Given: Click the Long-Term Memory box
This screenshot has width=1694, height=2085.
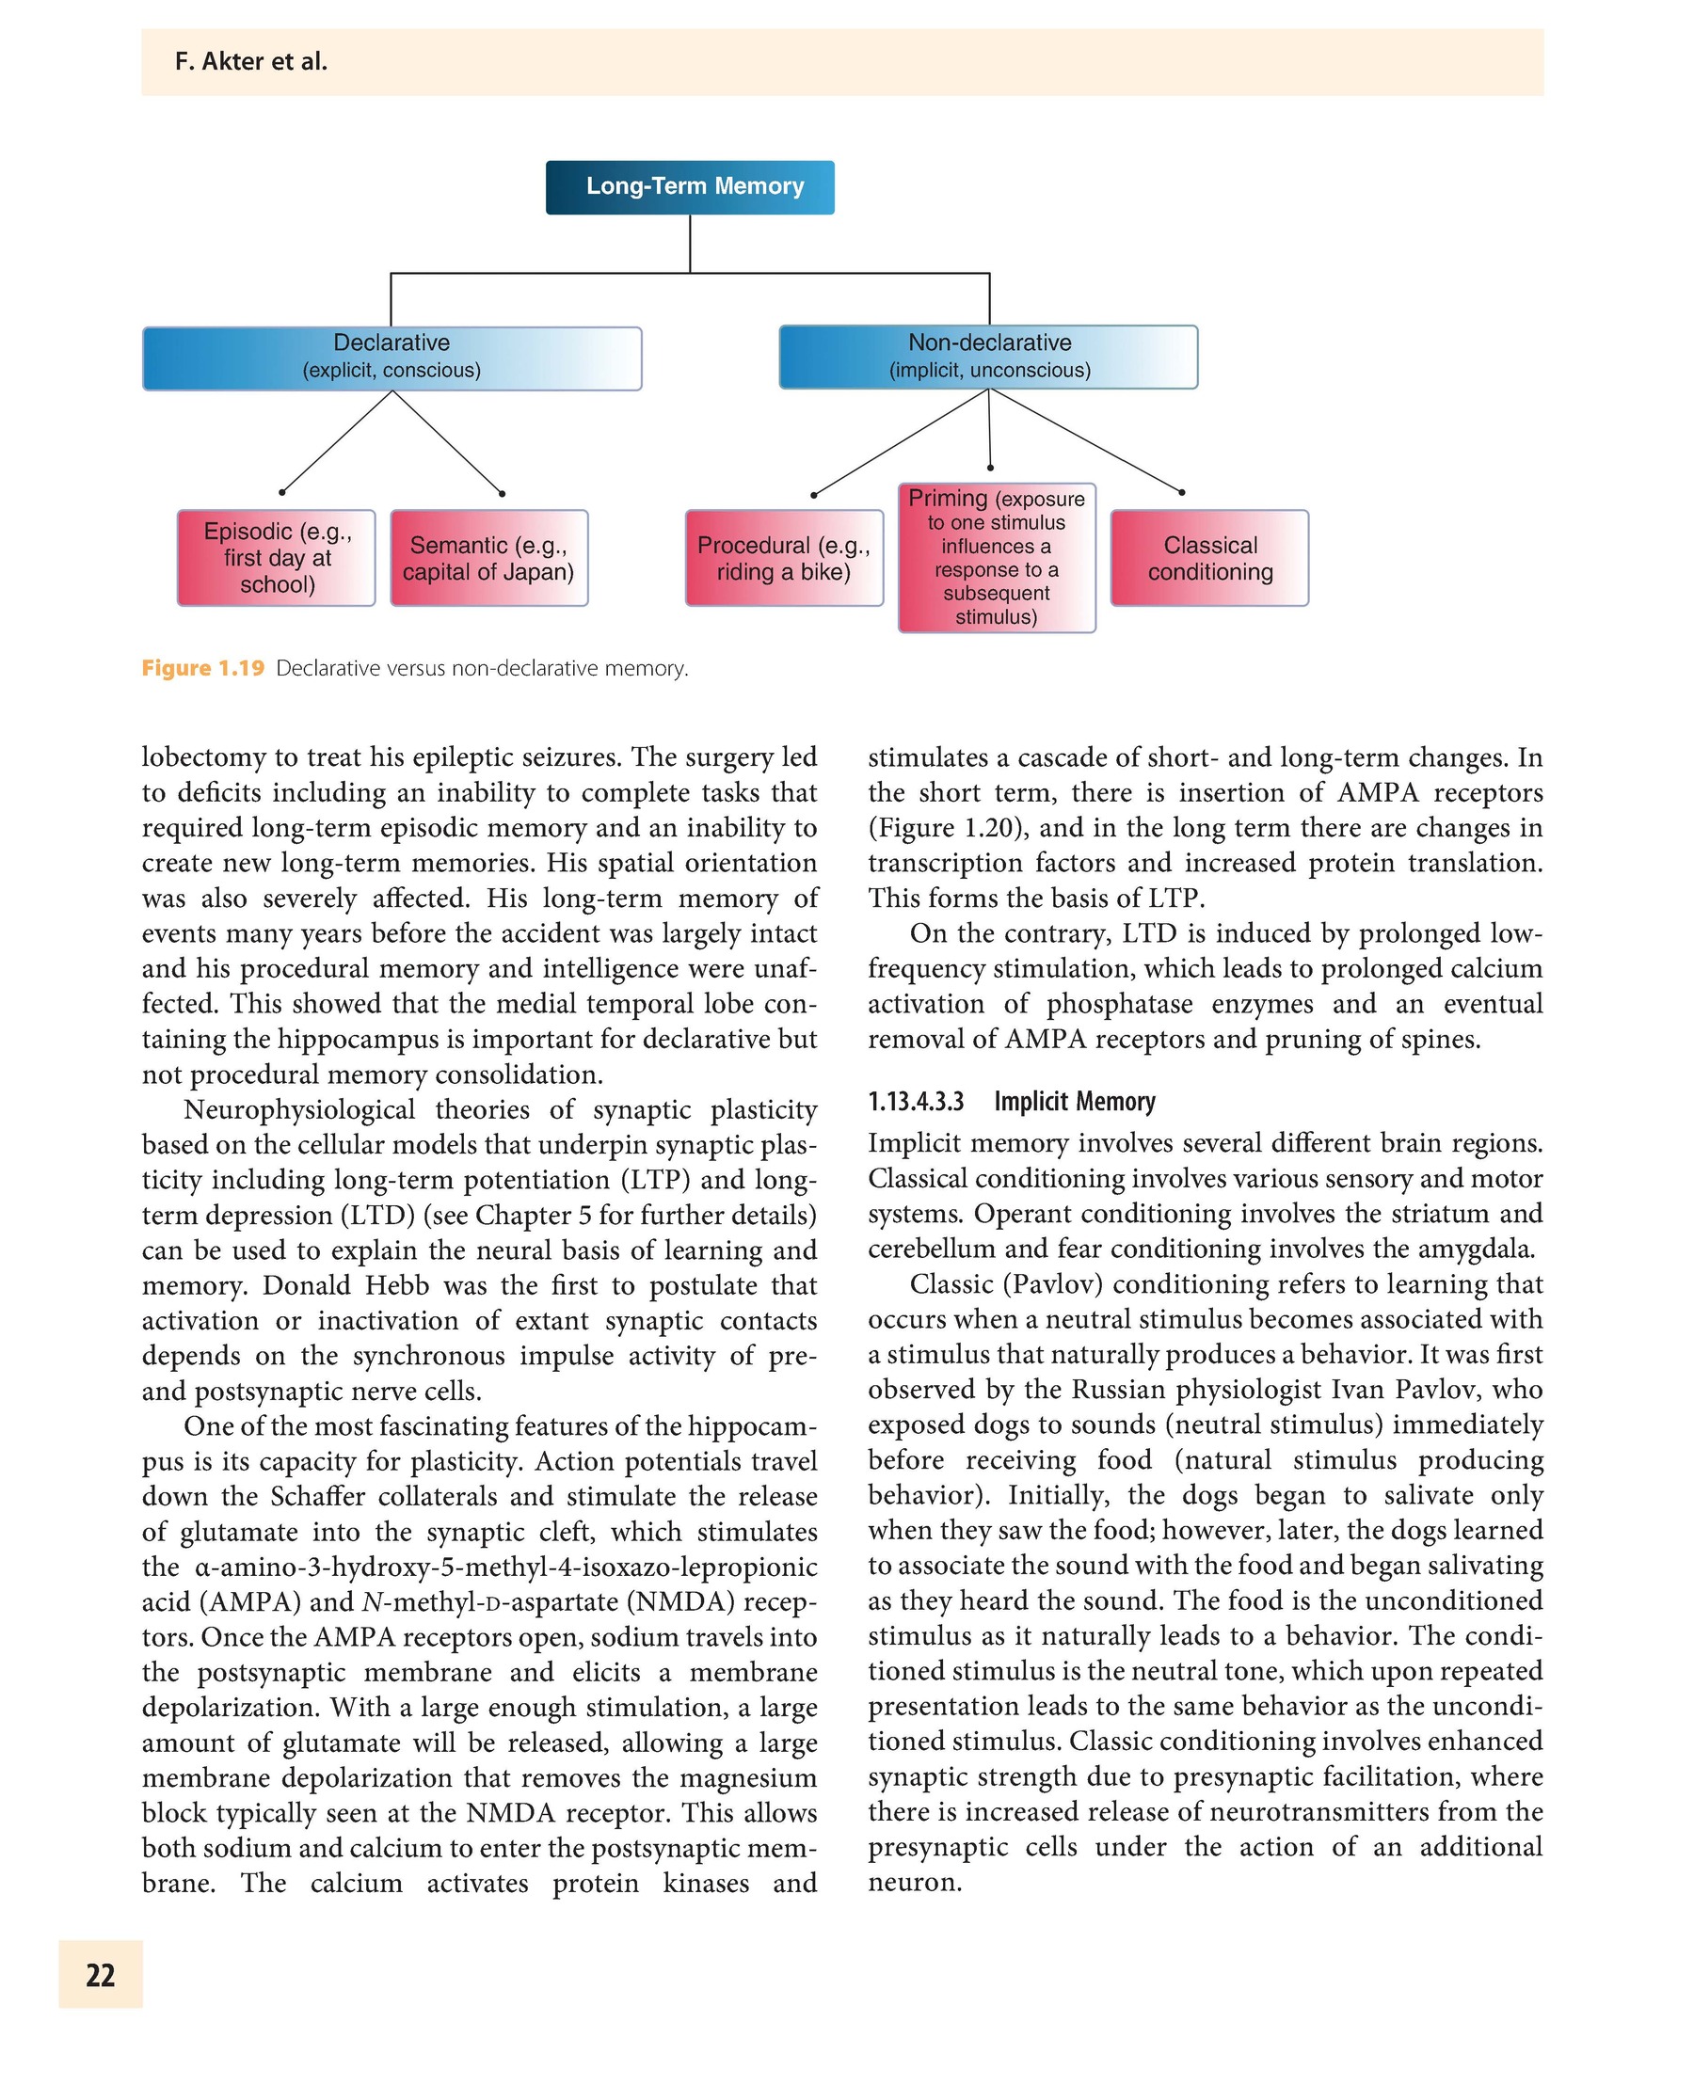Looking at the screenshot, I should point(690,187).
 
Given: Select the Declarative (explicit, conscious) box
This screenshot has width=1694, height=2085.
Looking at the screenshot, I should point(392,358).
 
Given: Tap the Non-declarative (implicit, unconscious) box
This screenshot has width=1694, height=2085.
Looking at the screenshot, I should point(988,358).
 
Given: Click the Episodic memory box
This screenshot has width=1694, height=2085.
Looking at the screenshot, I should point(276,558).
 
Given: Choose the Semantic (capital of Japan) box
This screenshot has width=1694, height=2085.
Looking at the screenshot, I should point(488,558).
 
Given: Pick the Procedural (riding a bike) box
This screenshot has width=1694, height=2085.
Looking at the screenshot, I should point(784,558).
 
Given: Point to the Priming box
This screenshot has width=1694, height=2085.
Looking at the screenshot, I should point(997,557).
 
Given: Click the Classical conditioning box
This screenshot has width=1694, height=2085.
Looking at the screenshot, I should point(1209,558).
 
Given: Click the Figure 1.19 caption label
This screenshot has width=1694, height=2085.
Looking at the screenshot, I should point(203,668).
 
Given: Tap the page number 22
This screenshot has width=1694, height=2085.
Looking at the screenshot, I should point(101,1975).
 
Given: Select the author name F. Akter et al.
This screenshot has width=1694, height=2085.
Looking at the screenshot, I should point(250,61).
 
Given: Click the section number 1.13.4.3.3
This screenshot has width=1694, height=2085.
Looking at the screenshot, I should point(916,1102).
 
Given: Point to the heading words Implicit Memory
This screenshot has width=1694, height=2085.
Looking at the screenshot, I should point(1075,1102).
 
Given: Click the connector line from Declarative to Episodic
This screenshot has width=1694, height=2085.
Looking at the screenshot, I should point(337,442).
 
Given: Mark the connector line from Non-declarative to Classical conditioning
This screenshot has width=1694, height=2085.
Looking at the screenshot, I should point(1085,441).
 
